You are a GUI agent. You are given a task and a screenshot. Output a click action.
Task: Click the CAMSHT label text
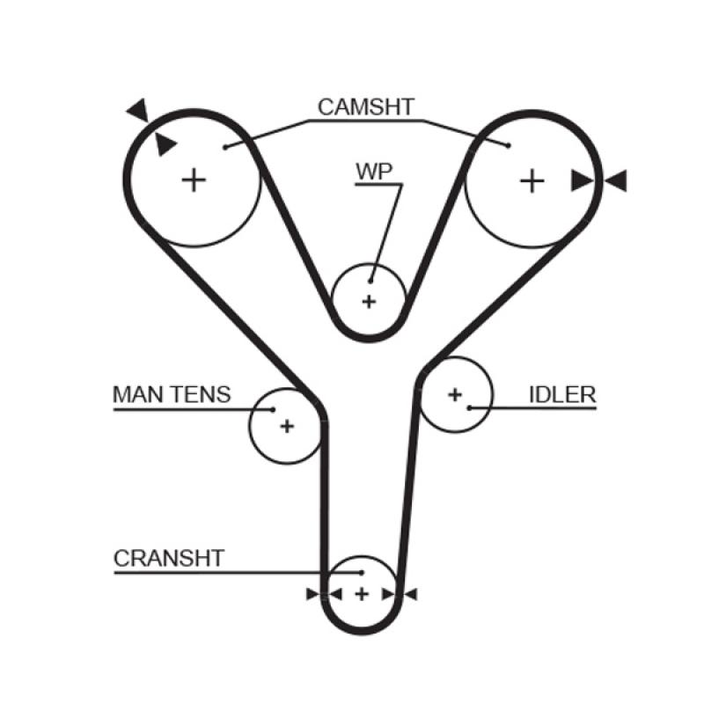(x=365, y=107)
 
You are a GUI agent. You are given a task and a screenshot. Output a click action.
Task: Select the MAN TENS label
(x=172, y=394)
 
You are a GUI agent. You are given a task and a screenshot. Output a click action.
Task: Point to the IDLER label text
(x=562, y=394)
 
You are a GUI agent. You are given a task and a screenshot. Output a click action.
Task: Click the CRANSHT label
(x=169, y=558)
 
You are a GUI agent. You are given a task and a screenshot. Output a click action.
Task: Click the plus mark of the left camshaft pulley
(x=194, y=180)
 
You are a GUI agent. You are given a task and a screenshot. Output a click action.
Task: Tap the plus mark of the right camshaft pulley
(x=531, y=180)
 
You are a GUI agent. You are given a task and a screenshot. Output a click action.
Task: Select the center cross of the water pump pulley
(x=369, y=302)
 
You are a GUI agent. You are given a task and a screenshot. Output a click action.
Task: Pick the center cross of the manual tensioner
(x=286, y=426)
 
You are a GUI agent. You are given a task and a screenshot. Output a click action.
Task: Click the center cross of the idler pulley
(x=454, y=394)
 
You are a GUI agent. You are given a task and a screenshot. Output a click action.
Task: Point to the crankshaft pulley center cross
(x=361, y=594)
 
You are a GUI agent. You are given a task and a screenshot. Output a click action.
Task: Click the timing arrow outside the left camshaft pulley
(x=137, y=110)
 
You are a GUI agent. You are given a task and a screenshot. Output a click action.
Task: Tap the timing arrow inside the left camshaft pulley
(x=165, y=144)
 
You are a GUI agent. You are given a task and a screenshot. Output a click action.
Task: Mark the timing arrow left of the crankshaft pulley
(x=312, y=594)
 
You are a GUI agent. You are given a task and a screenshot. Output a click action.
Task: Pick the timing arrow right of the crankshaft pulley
(x=410, y=594)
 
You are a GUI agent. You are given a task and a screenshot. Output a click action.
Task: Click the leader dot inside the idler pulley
(x=470, y=407)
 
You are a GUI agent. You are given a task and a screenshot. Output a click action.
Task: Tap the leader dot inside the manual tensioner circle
(x=274, y=408)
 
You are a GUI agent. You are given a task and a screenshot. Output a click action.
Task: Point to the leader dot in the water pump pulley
(x=371, y=281)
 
